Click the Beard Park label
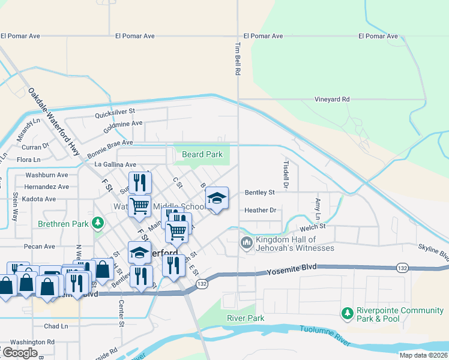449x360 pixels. pyautogui.click(x=202, y=154)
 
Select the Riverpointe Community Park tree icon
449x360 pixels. pyautogui.click(x=347, y=313)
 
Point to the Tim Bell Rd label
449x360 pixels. pyautogui.click(x=238, y=59)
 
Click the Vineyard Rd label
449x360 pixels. pyautogui.click(x=332, y=99)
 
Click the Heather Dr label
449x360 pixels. pyautogui.click(x=260, y=210)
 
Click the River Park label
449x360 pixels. pyautogui.click(x=246, y=318)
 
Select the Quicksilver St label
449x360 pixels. pyautogui.click(x=115, y=111)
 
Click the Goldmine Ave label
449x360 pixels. pyautogui.click(x=122, y=123)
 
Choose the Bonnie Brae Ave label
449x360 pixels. pyautogui.click(x=109, y=143)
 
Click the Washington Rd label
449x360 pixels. pyautogui.click(x=32, y=341)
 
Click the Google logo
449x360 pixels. pyautogui.click(x=19, y=353)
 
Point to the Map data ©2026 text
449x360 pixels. pyautogui.click(x=423, y=355)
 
